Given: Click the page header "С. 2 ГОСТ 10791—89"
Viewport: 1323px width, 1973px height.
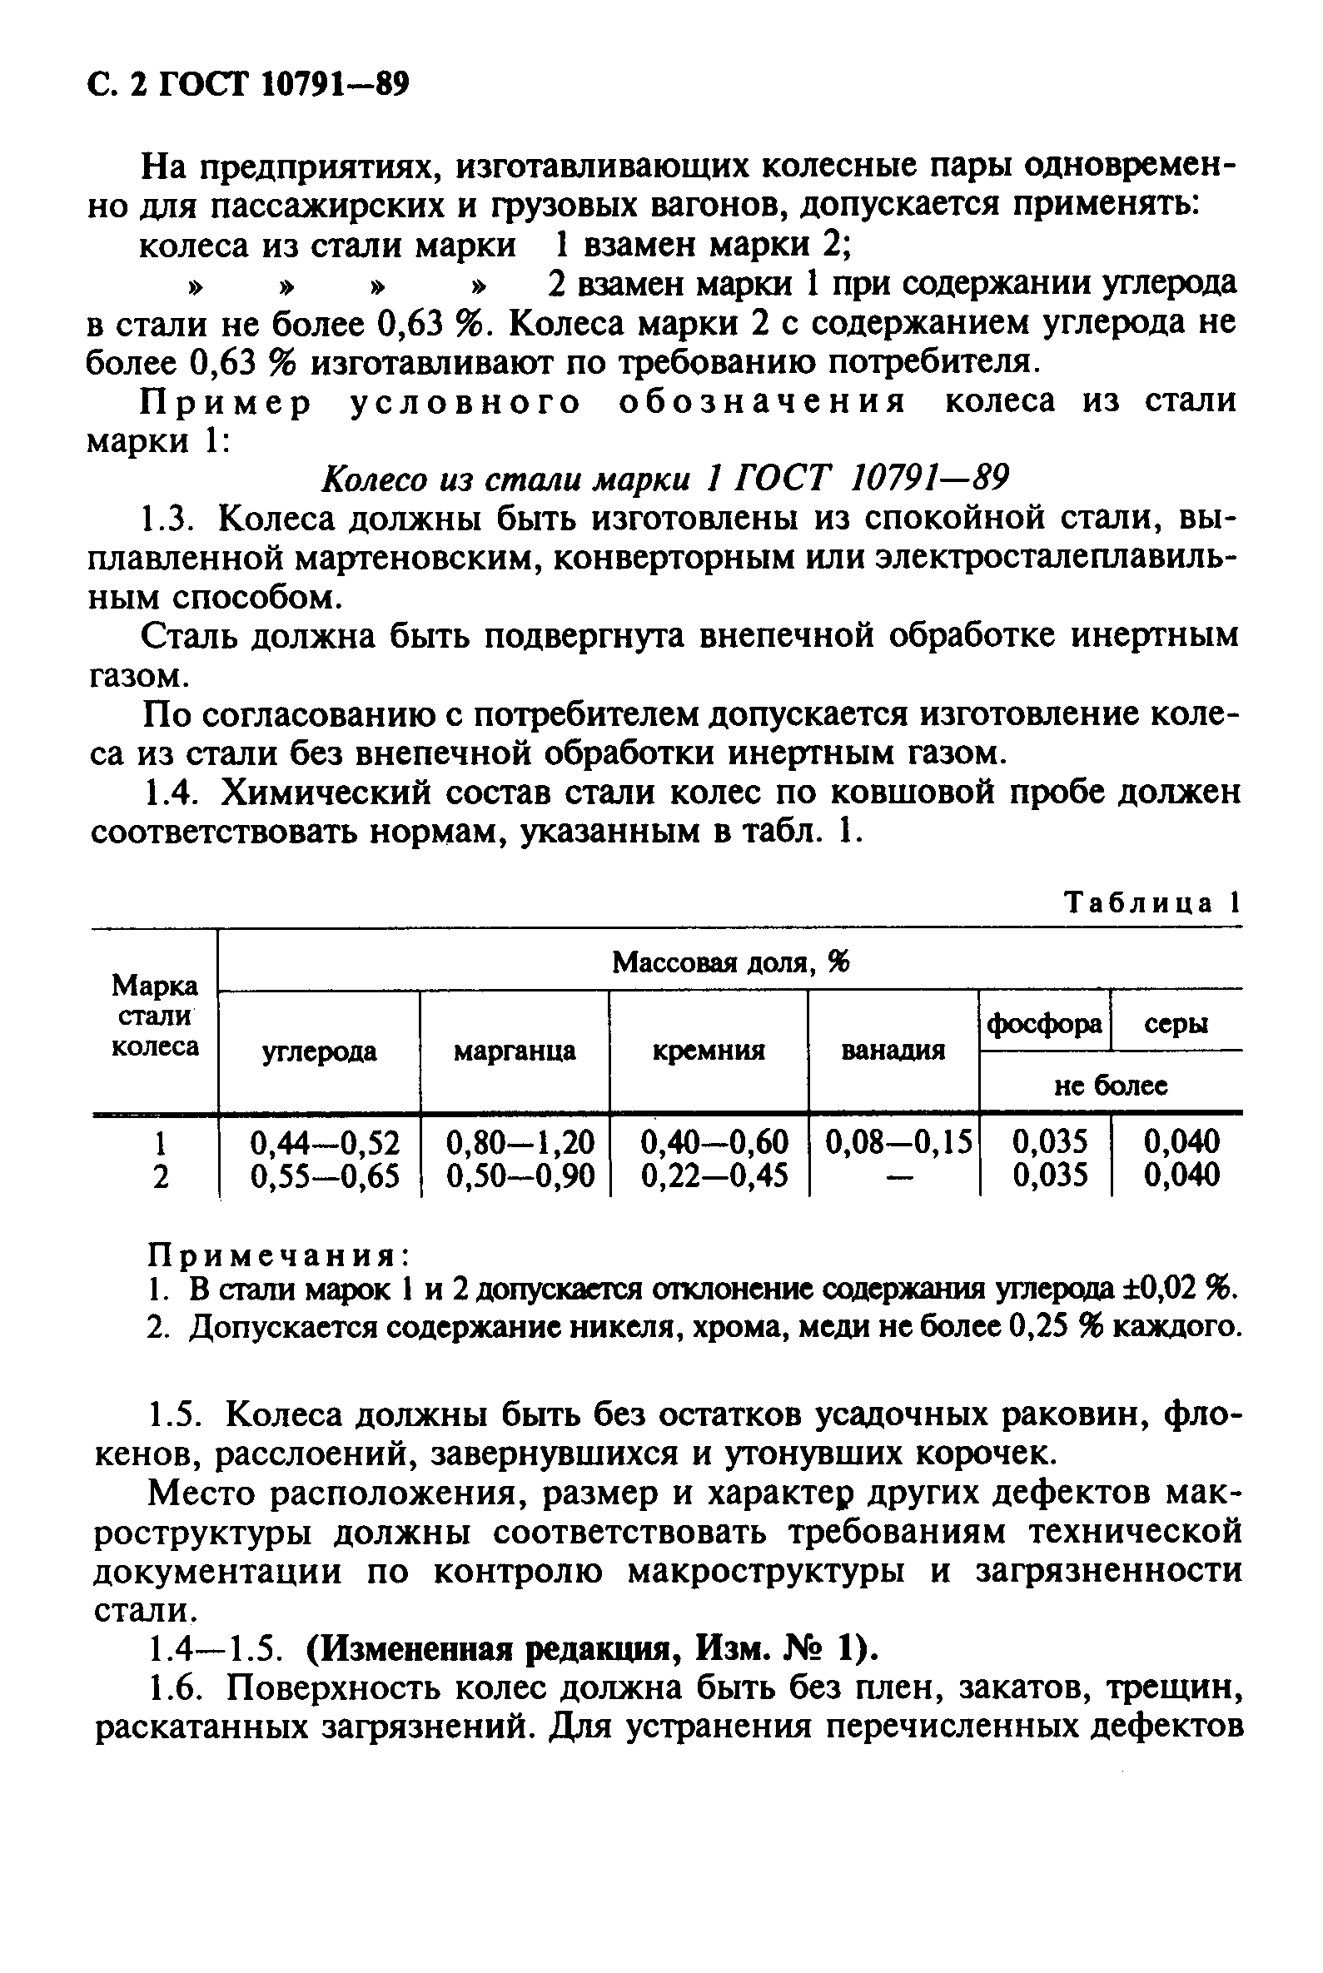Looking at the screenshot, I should (x=248, y=85).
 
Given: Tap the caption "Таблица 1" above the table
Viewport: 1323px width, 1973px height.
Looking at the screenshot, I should (x=1151, y=903).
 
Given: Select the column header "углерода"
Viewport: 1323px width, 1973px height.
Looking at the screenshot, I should (x=319, y=1052).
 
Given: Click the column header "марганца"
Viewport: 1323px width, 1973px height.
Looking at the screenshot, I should (x=515, y=1051).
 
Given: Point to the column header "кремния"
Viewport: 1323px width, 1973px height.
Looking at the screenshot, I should (x=709, y=1051).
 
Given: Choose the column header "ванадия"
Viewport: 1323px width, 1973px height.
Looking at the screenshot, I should (x=893, y=1051).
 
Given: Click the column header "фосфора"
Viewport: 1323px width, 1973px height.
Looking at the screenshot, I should (x=1045, y=1024).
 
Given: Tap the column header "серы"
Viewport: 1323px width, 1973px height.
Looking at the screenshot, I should (x=1176, y=1024).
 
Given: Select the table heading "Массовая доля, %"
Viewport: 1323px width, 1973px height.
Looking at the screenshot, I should (x=730, y=962).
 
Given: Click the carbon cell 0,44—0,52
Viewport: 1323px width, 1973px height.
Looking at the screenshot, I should (x=325, y=1142).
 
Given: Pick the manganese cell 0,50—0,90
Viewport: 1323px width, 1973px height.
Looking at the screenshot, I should (x=520, y=1175).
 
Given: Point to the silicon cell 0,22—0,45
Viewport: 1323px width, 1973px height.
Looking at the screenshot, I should (x=714, y=1175).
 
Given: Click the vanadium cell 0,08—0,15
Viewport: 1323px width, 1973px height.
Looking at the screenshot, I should (x=898, y=1142).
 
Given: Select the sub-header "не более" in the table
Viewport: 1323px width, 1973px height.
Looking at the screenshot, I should (x=1111, y=1086).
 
